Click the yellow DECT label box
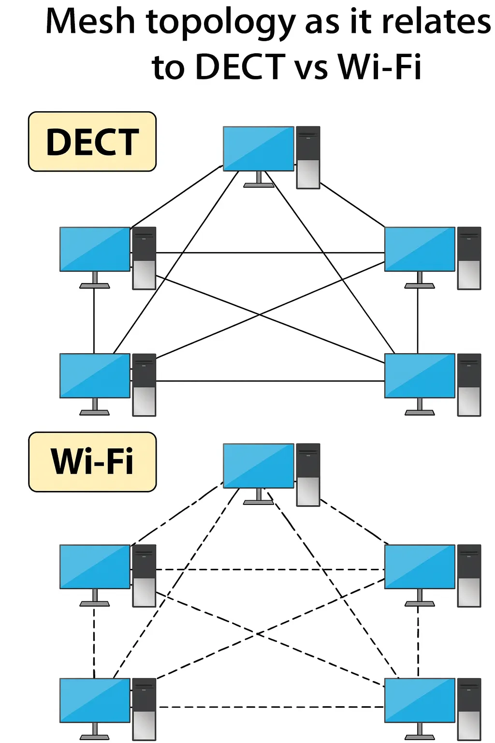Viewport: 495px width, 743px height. point(92,142)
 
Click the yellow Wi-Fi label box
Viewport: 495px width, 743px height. point(92,462)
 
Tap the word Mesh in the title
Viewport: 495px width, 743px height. point(90,22)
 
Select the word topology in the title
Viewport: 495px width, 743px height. point(220,23)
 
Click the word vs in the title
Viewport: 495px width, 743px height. point(311,67)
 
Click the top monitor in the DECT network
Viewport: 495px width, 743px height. point(259,149)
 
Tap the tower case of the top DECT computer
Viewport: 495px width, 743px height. point(308,157)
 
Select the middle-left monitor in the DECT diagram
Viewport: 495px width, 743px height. point(95,249)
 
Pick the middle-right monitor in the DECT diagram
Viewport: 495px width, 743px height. point(420,249)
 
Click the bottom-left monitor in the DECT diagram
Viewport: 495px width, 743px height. point(95,376)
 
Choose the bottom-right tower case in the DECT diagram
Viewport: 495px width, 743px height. point(469,385)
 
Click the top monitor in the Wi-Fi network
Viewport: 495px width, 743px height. point(259,466)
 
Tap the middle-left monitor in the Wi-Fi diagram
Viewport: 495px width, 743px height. point(95,566)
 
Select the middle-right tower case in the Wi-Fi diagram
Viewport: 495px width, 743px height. point(469,576)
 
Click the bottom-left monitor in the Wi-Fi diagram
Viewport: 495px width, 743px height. point(95,700)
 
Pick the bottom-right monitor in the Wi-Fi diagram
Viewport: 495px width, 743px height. point(420,700)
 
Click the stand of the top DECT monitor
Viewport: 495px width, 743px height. point(259,180)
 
